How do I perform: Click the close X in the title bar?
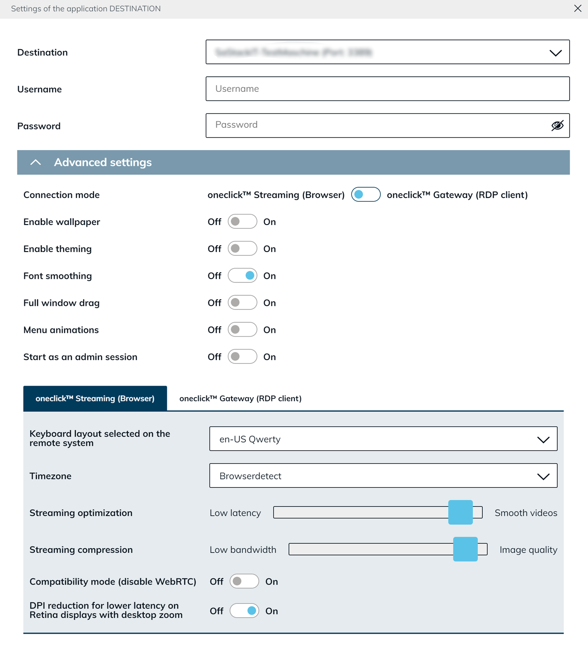(578, 8)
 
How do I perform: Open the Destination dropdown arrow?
(555, 53)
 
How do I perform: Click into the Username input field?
(387, 89)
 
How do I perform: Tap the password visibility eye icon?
(557, 125)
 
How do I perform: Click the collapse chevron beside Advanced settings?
(35, 163)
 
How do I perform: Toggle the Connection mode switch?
(366, 195)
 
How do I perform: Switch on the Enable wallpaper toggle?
(242, 222)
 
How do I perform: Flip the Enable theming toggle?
(242, 249)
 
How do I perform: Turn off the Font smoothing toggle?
(242, 276)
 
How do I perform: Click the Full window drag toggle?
(242, 303)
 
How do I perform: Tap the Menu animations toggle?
(242, 330)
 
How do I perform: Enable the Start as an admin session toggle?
(242, 357)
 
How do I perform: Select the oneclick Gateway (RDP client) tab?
(240, 399)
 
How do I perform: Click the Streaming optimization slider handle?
(460, 512)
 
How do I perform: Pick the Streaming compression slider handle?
(465, 549)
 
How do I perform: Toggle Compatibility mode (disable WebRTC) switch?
(244, 581)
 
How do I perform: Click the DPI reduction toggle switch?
(244, 611)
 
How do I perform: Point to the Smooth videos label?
(526, 513)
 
